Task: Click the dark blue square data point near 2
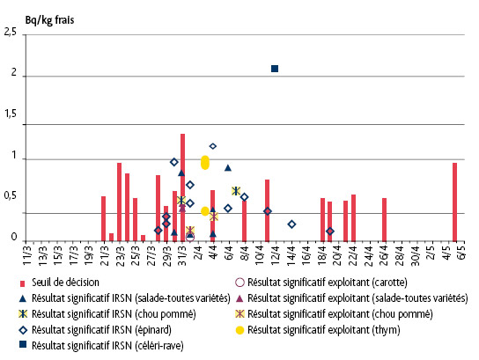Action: [275, 69]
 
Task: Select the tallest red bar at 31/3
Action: [182, 187]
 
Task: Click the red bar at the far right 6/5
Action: [454, 202]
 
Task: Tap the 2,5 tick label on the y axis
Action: [11, 33]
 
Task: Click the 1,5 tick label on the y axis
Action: [11, 116]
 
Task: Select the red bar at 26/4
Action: [384, 219]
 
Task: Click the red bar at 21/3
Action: [104, 218]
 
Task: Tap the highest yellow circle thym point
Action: [205, 162]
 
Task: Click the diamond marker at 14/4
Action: [291, 224]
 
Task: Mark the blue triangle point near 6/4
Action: [227, 167]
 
